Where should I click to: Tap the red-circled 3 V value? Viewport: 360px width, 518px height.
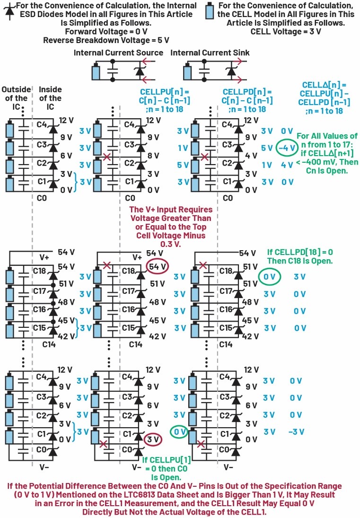152,439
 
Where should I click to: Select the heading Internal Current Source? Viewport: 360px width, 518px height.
118,53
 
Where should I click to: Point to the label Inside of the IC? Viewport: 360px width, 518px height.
50,98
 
